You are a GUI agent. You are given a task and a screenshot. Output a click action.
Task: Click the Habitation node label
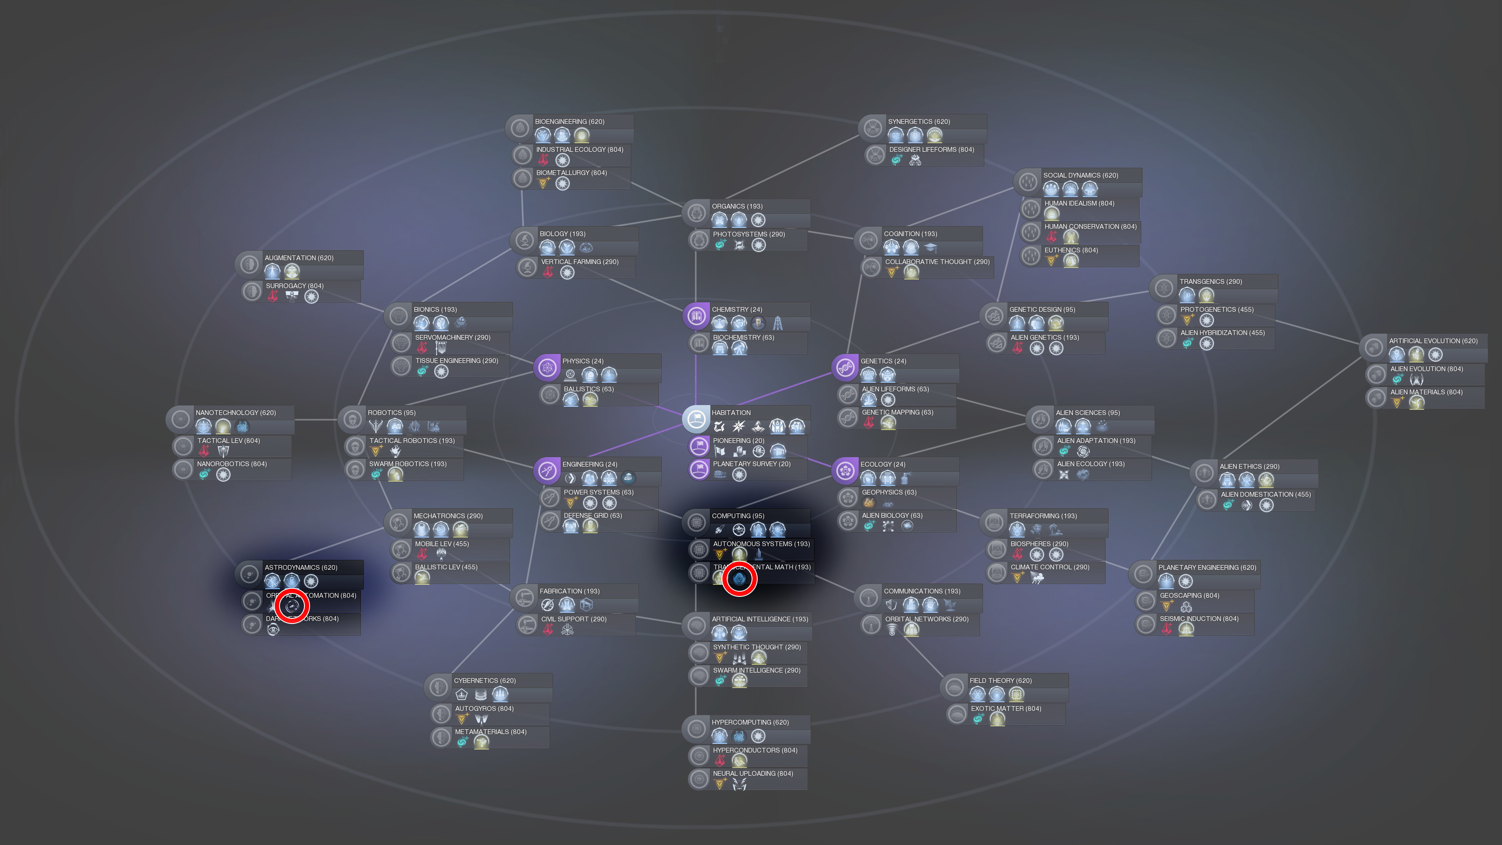[731, 413]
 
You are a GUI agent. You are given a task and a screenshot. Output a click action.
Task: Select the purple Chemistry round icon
[696, 316]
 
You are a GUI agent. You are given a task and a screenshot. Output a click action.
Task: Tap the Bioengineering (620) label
[569, 122]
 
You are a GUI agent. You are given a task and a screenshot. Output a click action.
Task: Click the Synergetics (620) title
[918, 122]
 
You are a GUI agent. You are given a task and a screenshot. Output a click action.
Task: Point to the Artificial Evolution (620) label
[1433, 341]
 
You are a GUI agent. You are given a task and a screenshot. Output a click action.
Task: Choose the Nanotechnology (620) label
[236, 413]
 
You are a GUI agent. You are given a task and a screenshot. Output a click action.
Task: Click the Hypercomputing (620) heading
[750, 722]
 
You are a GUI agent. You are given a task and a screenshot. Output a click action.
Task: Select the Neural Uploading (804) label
[752, 774]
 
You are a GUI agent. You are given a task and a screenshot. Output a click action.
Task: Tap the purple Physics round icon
[547, 367]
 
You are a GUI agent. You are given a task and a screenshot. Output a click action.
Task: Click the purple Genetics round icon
[845, 367]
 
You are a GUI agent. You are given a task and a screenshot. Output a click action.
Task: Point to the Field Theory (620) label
[1000, 681]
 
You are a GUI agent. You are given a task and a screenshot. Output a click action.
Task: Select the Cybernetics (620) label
[485, 681]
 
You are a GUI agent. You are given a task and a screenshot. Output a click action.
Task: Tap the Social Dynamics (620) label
[1081, 175]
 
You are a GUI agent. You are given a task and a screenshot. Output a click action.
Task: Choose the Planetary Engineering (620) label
[1207, 568]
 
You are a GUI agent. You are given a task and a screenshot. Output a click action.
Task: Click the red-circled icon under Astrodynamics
[292, 606]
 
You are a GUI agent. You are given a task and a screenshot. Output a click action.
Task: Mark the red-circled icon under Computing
[739, 578]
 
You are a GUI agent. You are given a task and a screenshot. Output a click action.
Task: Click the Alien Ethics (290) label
[1249, 467]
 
